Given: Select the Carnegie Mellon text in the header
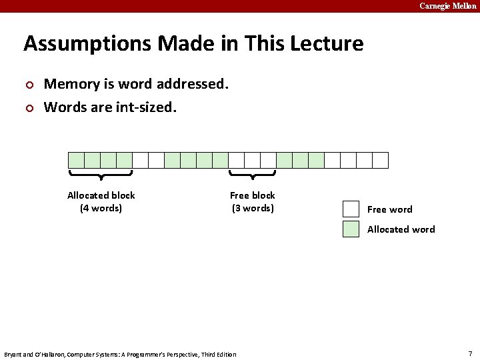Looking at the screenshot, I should [447, 6].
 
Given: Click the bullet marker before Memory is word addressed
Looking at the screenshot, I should [29, 85].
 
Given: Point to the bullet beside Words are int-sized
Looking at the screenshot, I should [29, 107].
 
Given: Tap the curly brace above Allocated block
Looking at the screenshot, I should [101, 175].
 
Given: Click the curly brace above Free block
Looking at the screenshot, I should [253, 175].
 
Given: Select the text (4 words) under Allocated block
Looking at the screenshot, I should [101, 208].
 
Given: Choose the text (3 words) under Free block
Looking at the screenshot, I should [253, 208].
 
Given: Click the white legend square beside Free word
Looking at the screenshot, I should [351, 209].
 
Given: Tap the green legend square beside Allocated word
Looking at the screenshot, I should [351, 229].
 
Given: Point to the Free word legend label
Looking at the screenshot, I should [390, 209].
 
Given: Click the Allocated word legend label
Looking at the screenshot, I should [401, 229].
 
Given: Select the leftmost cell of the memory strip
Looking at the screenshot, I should [77, 160].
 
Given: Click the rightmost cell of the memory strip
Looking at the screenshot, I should [380, 160].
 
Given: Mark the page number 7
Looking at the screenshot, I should [470, 353].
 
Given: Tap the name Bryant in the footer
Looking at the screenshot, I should [13, 355].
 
